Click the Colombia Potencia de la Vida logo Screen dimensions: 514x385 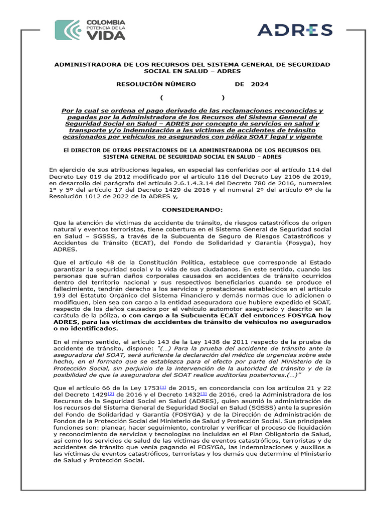pos(90,30)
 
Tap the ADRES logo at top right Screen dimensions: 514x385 pos(295,30)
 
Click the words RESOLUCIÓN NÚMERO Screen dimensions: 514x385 pos(156,84)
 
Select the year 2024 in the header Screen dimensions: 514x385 pos(260,84)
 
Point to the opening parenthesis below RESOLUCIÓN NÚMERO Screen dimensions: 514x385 pos(162,97)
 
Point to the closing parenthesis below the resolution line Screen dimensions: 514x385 pos(223,97)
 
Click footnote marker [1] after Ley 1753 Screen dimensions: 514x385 pos(163,387)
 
